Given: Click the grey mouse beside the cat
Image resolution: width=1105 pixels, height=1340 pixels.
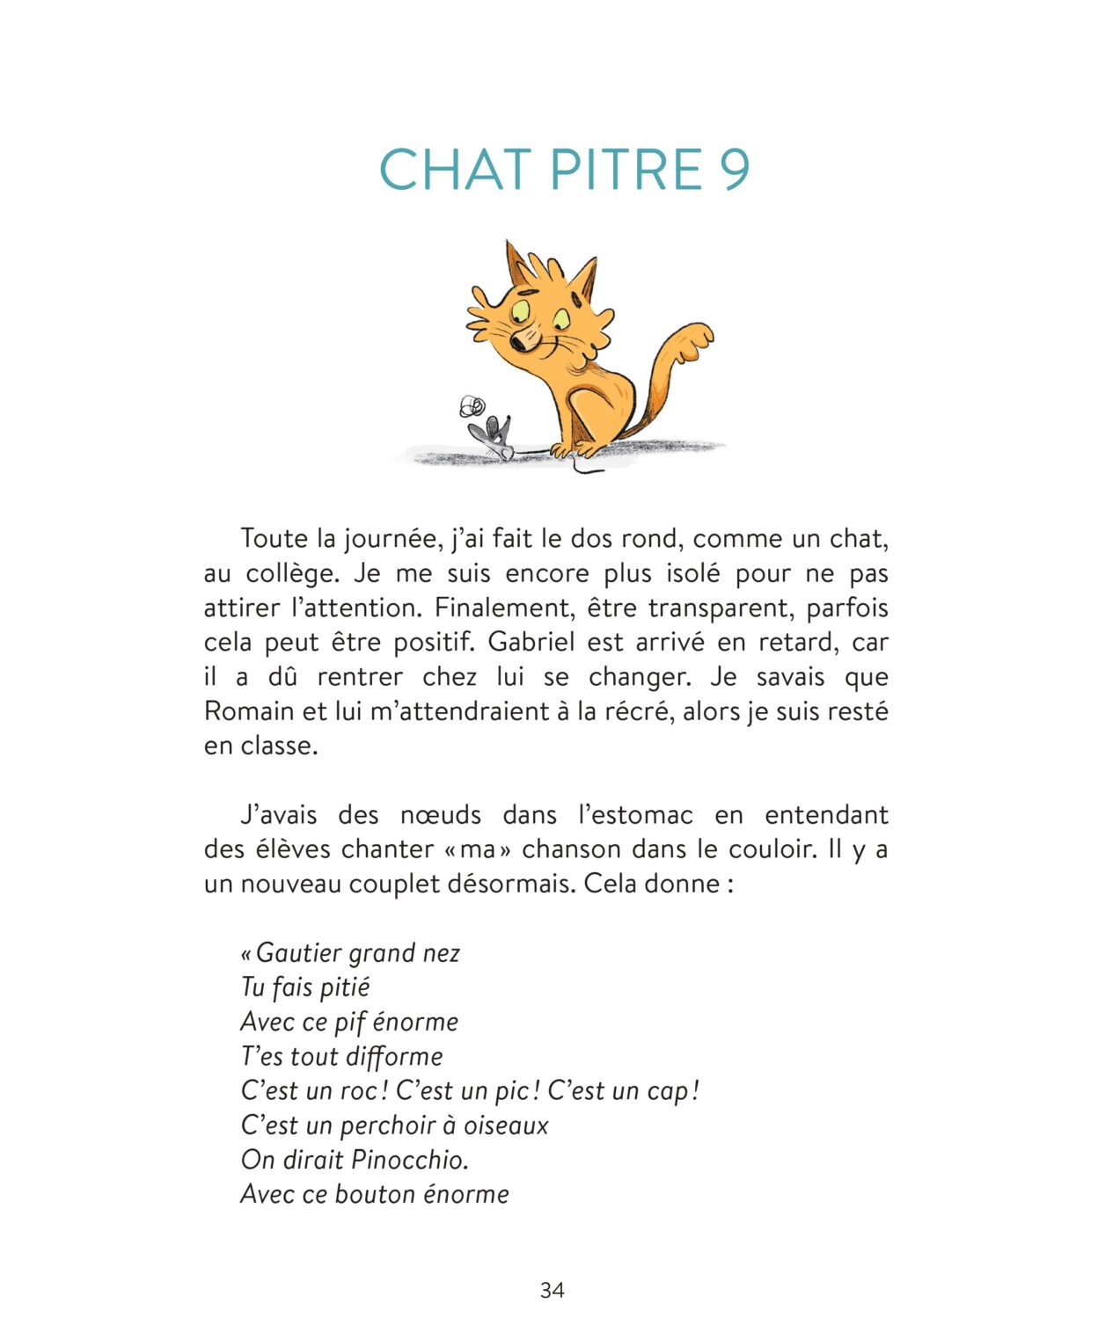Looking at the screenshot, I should pyautogui.click(x=495, y=436).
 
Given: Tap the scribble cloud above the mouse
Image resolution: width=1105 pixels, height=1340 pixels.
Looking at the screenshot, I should pyautogui.click(x=472, y=406).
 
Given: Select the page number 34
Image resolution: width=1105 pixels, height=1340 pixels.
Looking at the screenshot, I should pyautogui.click(x=552, y=1290).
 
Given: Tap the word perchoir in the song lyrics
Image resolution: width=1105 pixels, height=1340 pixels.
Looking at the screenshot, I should pyautogui.click(x=386, y=1125).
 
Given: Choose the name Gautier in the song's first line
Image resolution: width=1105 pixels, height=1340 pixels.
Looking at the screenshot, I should pyautogui.click(x=296, y=953).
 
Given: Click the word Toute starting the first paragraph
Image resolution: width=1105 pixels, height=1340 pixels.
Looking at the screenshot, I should pyautogui.click(x=274, y=538).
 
